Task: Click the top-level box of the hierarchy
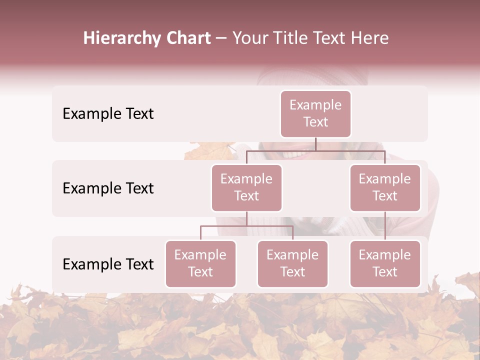point(315,113)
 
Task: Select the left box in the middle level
point(246,187)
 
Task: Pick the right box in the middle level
point(385,187)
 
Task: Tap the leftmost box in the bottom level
point(200,263)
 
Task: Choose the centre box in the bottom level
point(292,263)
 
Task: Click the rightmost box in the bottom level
point(385,263)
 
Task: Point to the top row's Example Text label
point(108,114)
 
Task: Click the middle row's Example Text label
point(108,188)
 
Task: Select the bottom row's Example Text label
point(108,264)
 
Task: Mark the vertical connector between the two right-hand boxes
point(385,226)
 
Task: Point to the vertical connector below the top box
point(315,144)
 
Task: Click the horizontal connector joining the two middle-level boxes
point(315,151)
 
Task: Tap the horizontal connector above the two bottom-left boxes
point(246,226)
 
